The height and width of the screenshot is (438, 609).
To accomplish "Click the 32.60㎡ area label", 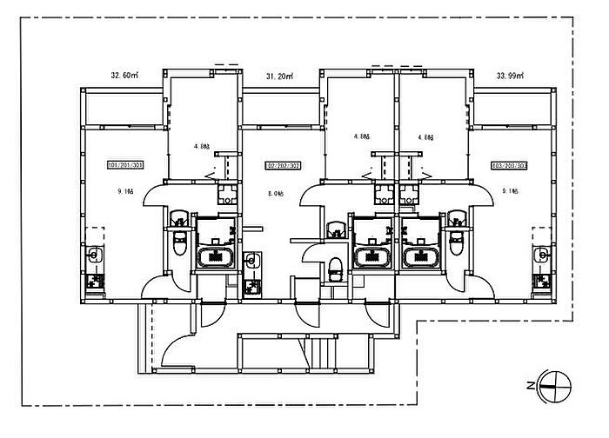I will click(125, 76).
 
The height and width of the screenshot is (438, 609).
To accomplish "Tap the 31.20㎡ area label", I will click(279, 76).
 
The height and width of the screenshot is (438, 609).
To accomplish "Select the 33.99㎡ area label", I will click(511, 76).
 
